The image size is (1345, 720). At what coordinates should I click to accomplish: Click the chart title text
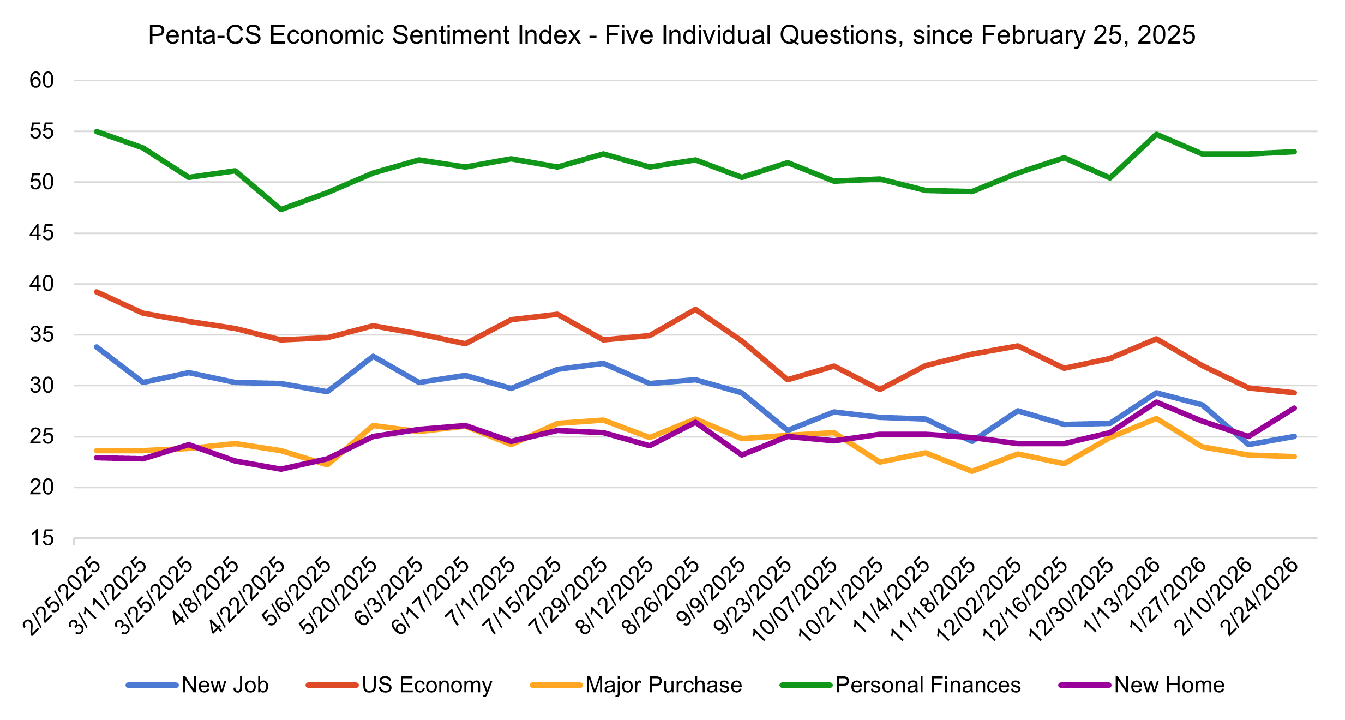pos(671,35)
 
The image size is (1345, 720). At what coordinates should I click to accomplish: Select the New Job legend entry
pos(225,685)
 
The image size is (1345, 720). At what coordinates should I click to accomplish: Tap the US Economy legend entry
pos(427,685)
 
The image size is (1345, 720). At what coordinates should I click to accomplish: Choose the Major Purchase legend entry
pos(663,685)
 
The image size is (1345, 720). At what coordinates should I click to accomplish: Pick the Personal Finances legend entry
pos(928,685)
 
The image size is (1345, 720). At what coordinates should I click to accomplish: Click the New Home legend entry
pos(1169,685)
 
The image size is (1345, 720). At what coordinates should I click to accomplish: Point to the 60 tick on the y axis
pos(42,81)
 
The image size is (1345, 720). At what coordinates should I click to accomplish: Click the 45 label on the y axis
pos(42,233)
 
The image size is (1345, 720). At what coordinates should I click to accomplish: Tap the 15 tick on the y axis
pos(42,538)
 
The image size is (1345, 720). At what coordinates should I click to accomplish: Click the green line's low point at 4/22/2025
pos(281,209)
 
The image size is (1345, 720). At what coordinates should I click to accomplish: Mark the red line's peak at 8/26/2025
pos(695,309)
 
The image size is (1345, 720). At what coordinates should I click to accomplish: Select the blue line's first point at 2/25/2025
pos(97,347)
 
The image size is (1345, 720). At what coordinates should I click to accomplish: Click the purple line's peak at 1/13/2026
pos(1156,402)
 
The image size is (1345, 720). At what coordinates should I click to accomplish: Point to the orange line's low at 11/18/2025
pos(972,471)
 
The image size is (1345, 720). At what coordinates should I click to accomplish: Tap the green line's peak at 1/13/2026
pos(1156,134)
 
